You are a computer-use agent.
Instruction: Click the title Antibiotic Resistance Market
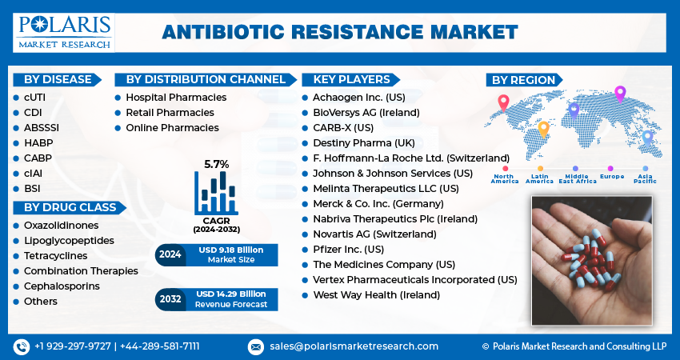[339, 32]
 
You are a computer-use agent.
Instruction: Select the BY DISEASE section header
[55, 79]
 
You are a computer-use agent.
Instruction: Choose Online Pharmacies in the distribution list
[172, 127]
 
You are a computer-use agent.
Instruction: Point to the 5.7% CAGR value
[216, 164]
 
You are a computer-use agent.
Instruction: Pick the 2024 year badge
[170, 254]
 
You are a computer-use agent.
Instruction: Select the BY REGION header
[523, 79]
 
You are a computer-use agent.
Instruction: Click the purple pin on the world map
[619, 93]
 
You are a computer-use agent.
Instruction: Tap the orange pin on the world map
[543, 128]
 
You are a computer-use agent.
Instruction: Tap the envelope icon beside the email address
[255, 346]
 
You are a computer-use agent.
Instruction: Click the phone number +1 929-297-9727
[71, 346]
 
